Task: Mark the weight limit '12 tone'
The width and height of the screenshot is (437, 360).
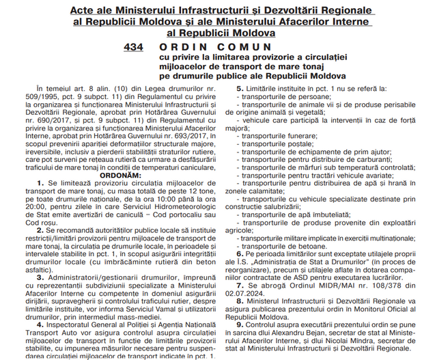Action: click(x=206, y=192)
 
